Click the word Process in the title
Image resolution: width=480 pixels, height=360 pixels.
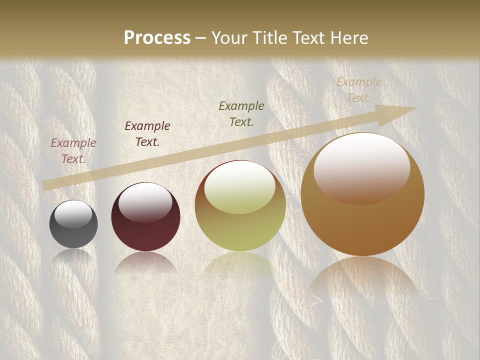pos(157,38)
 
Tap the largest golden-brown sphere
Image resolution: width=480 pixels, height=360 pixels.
pos(362,220)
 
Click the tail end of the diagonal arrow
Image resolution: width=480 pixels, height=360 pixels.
pos(46,185)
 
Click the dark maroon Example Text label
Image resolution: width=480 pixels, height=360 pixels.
pos(147,134)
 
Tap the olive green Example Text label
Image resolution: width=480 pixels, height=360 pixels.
pos(241,114)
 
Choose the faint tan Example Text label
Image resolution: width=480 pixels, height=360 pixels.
pos(359,90)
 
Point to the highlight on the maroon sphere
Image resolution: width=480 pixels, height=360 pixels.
pos(145,202)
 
